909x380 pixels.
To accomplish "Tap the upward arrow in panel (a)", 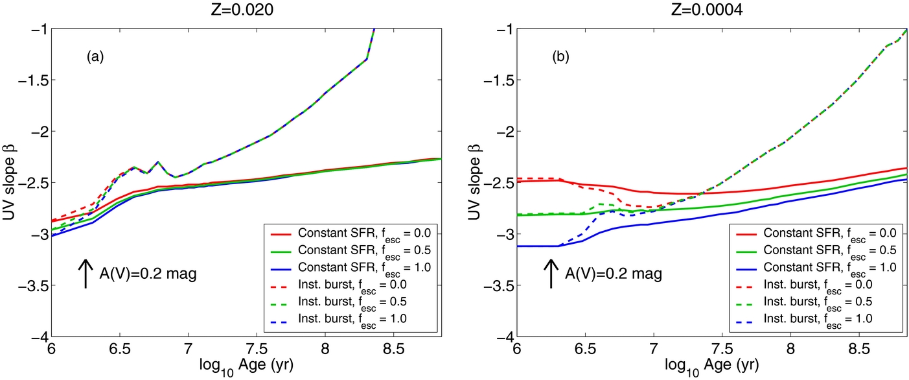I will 86,273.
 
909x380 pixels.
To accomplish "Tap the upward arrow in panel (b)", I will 551,273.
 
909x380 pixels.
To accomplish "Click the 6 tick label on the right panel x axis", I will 517,350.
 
